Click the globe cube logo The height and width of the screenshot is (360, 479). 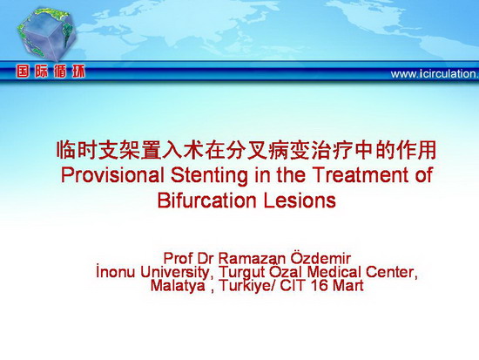click(46, 34)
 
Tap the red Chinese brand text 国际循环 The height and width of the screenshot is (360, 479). click(51, 71)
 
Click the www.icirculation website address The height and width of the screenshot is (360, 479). click(435, 74)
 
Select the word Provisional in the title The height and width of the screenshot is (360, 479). click(111, 175)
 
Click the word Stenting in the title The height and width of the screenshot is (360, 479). click(209, 175)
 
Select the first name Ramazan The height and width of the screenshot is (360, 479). click(253, 259)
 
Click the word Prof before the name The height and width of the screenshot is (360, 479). click(179, 259)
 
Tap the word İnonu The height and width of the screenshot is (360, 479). click(116, 272)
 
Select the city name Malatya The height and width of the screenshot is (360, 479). click(178, 286)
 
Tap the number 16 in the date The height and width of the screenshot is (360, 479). click(320, 286)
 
